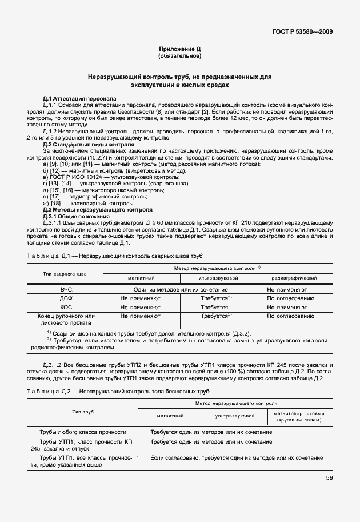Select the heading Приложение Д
[x=180, y=50]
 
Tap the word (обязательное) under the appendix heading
[x=180, y=56]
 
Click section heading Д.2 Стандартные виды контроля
[x=89, y=145]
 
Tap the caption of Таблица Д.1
[x=114, y=255]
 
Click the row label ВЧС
[x=66, y=290]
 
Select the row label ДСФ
[x=66, y=298]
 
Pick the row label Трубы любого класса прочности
[x=83, y=432]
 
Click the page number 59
[x=330, y=478]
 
